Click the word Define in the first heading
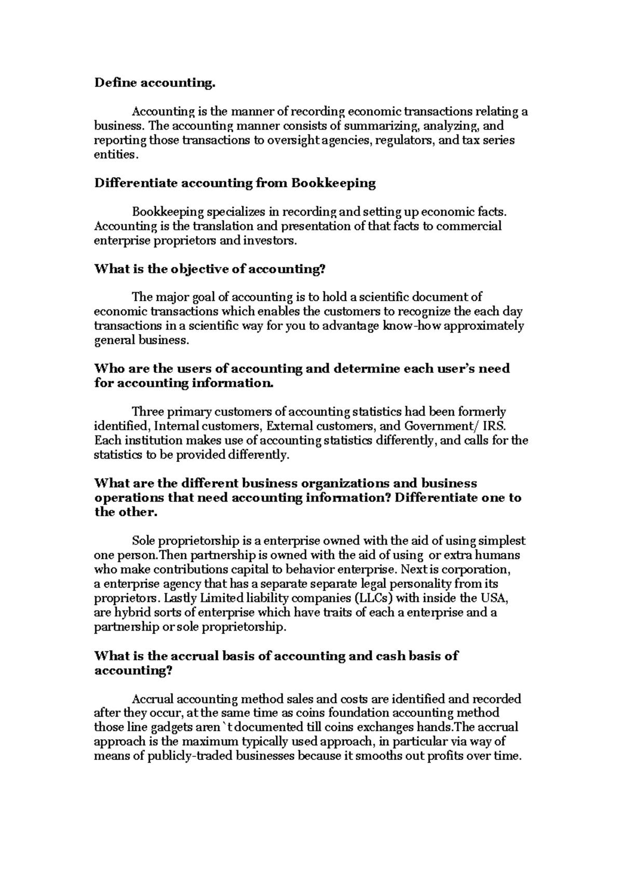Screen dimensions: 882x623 [110, 83]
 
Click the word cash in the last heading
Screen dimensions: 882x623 [384, 656]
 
